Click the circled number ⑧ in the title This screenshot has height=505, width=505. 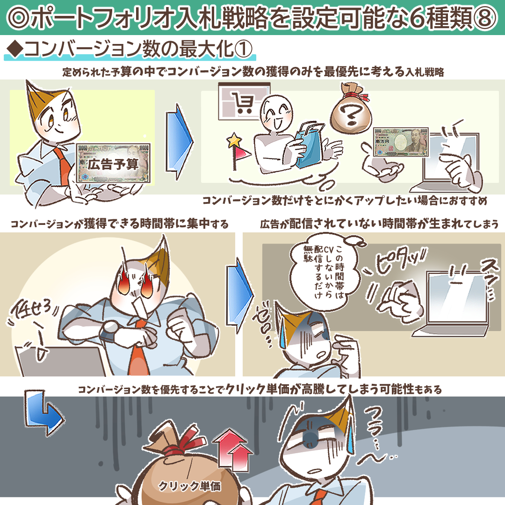coord(485,18)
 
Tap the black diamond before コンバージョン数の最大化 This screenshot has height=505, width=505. coord(15,49)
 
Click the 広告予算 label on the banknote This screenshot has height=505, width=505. coord(113,165)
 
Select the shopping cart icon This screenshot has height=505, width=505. coord(242,103)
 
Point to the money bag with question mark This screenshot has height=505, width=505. coord(351,109)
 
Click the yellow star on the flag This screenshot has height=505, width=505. coord(234,140)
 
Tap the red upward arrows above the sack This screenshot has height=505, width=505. coord(232,450)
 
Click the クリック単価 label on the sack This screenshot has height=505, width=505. coord(190,486)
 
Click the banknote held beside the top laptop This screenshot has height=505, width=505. coord(401,142)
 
